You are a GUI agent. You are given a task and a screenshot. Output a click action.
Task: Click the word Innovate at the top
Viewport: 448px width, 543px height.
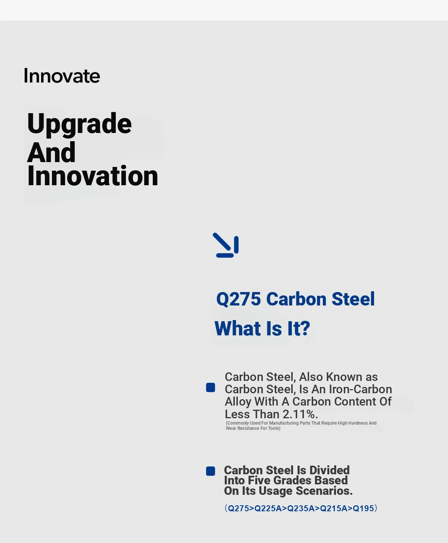pos(62,76)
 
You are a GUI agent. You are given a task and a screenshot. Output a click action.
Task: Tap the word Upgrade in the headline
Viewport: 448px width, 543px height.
pos(79,125)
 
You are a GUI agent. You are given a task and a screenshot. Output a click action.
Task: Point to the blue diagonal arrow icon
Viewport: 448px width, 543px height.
pos(226,245)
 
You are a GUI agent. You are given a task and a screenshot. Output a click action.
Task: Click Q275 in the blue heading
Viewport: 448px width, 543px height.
pos(239,299)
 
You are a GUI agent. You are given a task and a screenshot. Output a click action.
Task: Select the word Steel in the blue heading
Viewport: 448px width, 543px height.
pos(353,299)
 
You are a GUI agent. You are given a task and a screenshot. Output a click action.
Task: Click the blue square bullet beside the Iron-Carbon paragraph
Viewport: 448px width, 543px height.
pos(211,388)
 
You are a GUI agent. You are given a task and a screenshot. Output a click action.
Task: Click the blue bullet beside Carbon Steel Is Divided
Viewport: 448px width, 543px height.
pos(211,471)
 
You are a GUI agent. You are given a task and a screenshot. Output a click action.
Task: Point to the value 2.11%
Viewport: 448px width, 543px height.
pos(300,414)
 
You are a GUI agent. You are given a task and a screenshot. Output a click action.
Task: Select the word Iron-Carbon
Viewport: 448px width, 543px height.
pos(360,389)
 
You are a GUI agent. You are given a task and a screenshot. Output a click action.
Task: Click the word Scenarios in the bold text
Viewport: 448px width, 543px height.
pos(324,491)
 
